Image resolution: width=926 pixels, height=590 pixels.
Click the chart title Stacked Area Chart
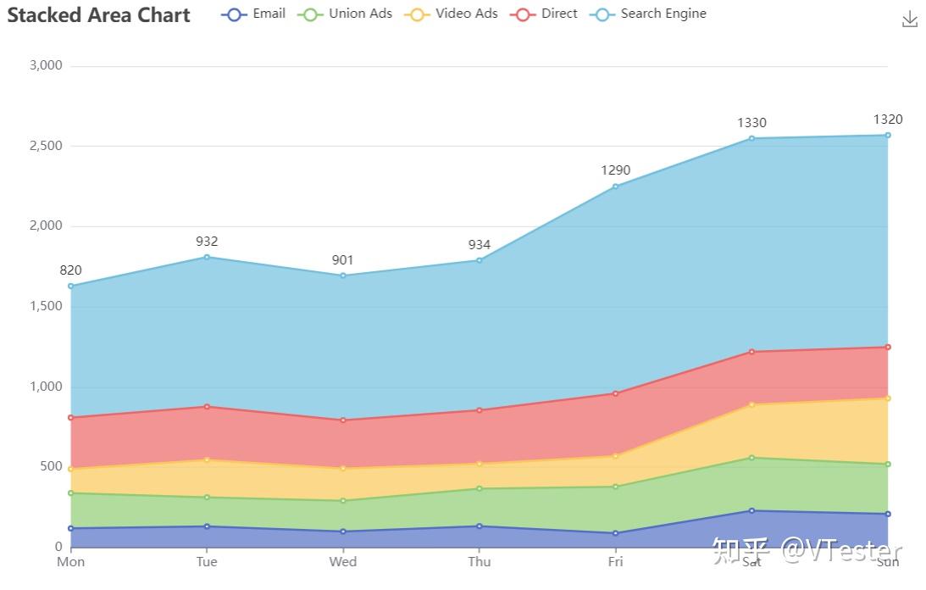coord(99,15)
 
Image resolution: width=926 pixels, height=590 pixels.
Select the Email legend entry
coord(253,14)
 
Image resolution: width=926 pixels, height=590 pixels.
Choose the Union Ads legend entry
coord(345,14)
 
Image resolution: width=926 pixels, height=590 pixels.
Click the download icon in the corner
coord(910,19)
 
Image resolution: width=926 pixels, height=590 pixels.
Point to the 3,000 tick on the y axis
coord(46,65)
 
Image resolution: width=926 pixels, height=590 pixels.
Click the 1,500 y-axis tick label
coord(46,306)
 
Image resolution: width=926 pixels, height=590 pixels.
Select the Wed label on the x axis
coord(343,561)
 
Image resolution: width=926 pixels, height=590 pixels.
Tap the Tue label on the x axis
coord(207,561)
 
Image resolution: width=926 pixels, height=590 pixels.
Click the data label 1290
coord(616,170)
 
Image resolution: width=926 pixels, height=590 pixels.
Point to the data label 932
coord(207,242)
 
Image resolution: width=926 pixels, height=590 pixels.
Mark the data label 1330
coord(751,123)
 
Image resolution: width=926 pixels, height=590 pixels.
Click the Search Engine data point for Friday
coord(616,186)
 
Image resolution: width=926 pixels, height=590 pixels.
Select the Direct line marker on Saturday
coord(751,352)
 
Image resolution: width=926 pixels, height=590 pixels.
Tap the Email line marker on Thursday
coord(480,526)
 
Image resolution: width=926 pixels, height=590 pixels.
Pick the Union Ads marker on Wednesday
coord(343,501)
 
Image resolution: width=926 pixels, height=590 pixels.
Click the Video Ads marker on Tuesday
coord(207,459)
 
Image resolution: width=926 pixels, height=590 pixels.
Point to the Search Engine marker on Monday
coord(71,286)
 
